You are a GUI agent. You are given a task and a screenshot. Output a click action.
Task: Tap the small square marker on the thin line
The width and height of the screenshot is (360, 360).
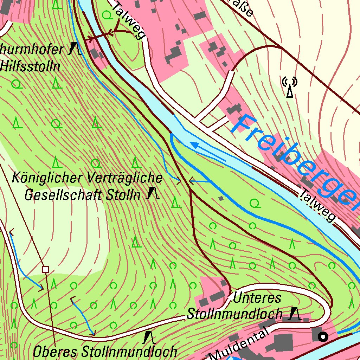[45, 270]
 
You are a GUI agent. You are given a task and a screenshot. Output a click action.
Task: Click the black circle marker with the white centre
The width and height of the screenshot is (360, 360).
[323, 337]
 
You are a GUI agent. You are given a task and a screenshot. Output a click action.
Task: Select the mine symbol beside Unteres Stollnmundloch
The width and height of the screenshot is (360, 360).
[294, 314]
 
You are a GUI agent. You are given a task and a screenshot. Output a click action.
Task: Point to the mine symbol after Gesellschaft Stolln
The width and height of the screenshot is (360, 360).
[152, 194]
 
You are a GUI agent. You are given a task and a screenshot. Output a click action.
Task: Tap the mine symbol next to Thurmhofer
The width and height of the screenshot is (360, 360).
[75, 49]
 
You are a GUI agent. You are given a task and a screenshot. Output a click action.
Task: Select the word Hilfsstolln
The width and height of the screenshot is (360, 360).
[31, 66]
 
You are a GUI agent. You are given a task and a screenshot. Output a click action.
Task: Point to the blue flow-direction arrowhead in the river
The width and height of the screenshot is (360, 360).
[193, 144]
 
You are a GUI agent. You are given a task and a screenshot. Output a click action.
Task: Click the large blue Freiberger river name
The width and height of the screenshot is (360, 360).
[295, 160]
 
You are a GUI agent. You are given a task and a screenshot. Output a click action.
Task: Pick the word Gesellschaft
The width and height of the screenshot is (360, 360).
[58, 195]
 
